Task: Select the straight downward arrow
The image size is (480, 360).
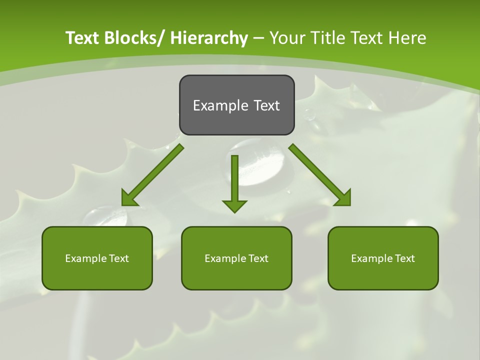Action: [234, 180]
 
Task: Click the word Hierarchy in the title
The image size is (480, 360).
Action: [209, 38]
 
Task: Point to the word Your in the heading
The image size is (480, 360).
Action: [287, 38]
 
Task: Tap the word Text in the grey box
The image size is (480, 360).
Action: [266, 105]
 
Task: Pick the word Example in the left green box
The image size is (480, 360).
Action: [82, 258]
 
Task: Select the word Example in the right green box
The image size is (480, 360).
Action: [369, 258]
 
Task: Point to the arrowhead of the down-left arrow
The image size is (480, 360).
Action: [129, 198]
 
